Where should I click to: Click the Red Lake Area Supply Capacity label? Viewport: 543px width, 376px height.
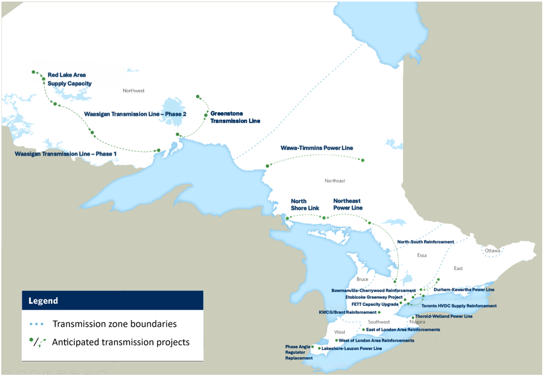pos(69,79)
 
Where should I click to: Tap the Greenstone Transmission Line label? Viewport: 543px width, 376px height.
pos(235,117)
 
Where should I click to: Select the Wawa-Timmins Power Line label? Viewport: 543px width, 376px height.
pos(316,148)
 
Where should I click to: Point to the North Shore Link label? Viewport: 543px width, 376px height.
pos(304,204)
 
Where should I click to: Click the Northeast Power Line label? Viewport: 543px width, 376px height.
pos(348,204)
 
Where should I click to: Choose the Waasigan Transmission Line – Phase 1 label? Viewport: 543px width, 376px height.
pos(66,154)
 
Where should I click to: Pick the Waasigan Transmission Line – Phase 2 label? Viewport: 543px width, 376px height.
pos(135,114)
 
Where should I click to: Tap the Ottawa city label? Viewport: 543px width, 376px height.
pos(492,251)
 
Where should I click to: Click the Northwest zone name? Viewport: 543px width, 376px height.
pos(134,91)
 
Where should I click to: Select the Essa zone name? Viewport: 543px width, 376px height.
pos(422,255)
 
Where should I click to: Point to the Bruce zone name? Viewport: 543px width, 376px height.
pos(362,280)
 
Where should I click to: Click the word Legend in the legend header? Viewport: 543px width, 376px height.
pos(43,301)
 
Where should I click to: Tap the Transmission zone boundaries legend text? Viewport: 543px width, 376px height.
pos(114,324)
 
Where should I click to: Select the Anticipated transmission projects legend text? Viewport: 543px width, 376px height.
pos(121,342)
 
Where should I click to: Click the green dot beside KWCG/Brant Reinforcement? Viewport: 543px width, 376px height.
pos(379,312)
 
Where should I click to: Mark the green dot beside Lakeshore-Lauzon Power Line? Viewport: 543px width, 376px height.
pos(319,349)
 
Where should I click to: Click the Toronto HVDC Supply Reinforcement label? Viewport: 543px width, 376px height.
pos(459,306)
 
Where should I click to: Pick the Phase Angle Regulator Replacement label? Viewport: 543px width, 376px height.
pos(299,352)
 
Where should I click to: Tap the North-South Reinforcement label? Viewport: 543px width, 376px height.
pos(425,242)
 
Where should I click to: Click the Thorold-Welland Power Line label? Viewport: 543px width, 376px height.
pos(444,316)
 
